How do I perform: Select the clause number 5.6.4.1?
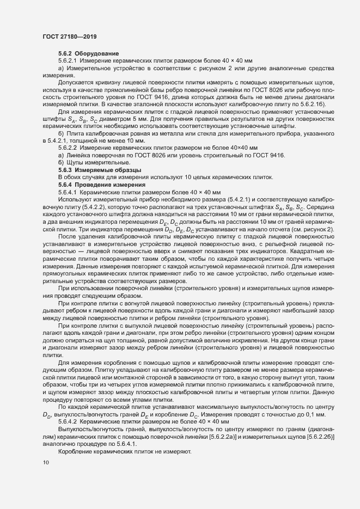[69, 193]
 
